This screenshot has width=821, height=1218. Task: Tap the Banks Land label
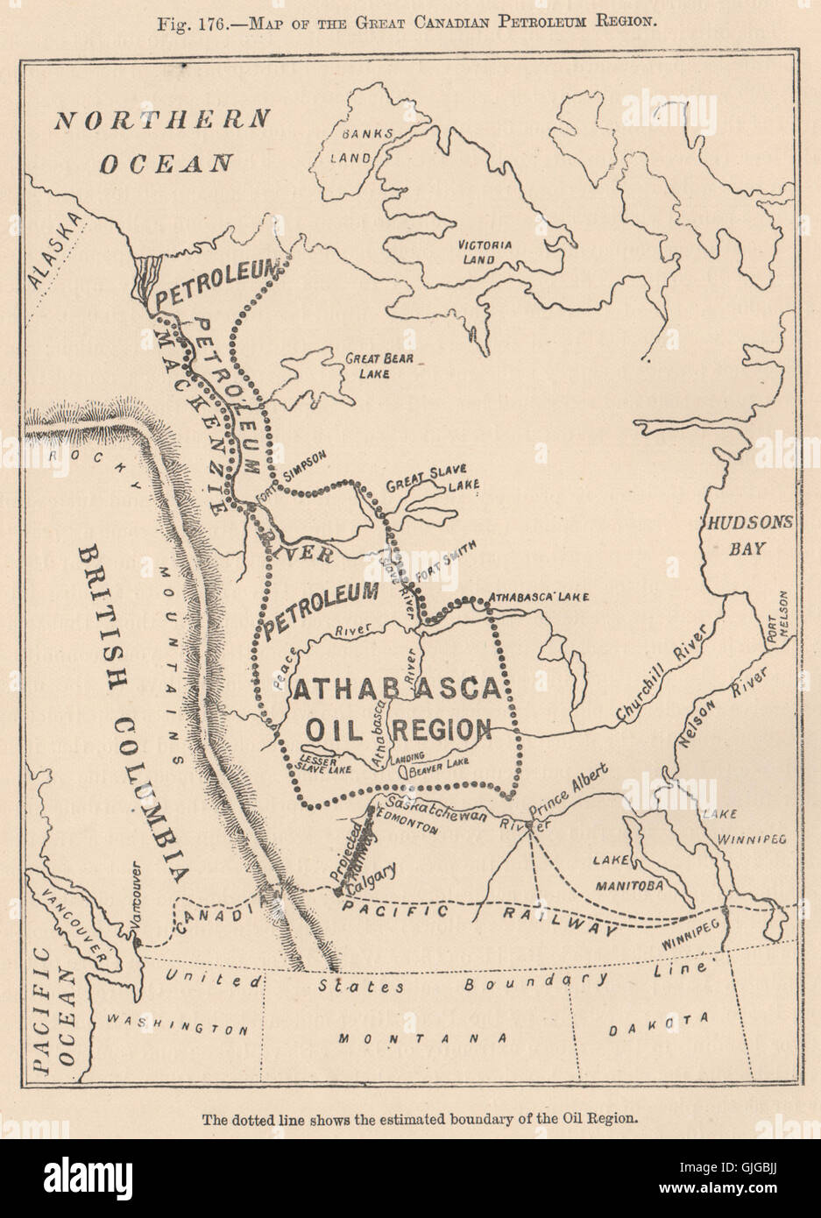(358, 145)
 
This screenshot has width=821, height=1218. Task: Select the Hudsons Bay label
(750, 535)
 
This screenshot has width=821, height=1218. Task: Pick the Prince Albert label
(570, 798)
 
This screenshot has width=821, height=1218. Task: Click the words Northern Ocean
(162, 140)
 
